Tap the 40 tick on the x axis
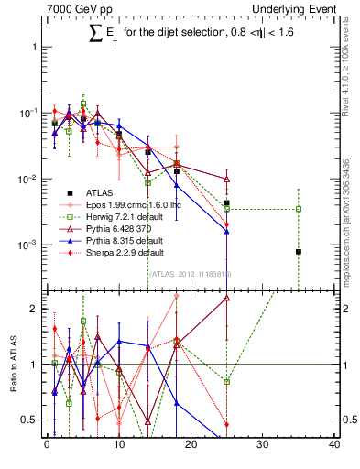pyautogui.click(x=334, y=446)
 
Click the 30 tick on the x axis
pyautogui.click(x=262, y=446)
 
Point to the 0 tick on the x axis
pyautogui.click(x=47, y=446)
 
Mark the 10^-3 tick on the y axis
pyautogui.click(x=30, y=245)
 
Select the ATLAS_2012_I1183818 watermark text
pyautogui.click(x=190, y=273)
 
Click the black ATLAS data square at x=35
pyautogui.click(x=299, y=251)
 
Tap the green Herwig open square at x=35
pyautogui.click(x=299, y=209)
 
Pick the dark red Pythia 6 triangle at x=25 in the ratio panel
pyautogui.click(x=226, y=298)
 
